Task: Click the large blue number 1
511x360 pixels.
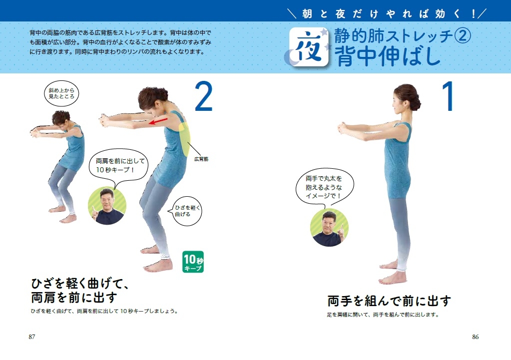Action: point(446,97)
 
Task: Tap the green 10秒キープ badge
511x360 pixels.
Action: point(193,262)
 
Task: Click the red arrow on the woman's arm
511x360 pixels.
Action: point(160,120)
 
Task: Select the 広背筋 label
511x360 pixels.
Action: point(201,159)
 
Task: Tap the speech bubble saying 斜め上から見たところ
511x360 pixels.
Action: point(61,93)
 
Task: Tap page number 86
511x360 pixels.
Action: point(475,337)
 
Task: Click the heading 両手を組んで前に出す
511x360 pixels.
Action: point(389,301)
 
